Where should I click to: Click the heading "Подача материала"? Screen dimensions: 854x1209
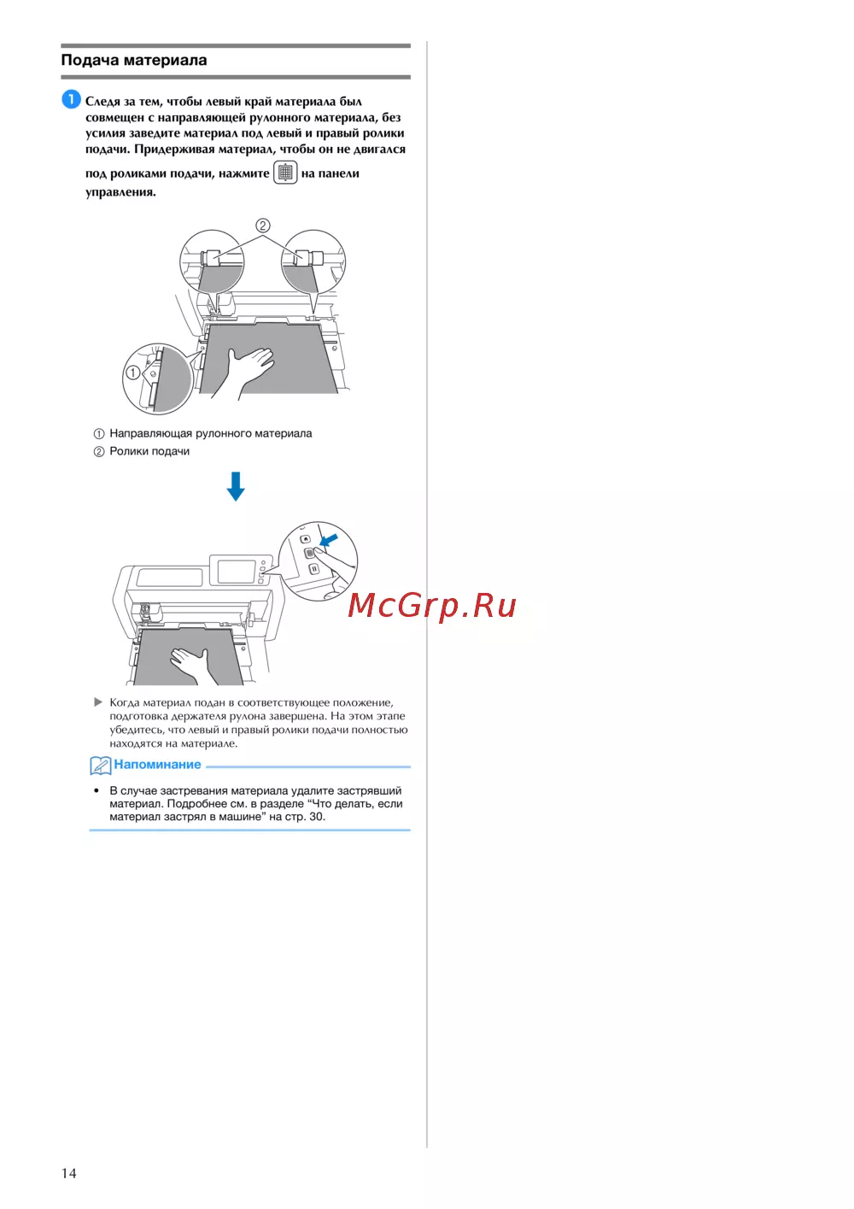coord(134,60)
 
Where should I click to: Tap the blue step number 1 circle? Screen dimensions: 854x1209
coord(71,100)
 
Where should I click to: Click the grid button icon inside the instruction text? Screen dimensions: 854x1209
coord(285,173)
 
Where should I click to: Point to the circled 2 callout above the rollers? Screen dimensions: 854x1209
coord(263,225)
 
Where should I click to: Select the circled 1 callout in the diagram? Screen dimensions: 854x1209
coord(132,373)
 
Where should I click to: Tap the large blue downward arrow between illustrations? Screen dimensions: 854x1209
coord(236,486)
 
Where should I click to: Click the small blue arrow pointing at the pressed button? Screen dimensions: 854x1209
coord(329,540)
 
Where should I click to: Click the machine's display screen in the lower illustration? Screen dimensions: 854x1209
coord(237,572)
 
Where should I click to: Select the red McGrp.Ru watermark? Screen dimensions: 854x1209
coord(431,606)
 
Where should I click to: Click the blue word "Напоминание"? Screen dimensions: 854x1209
coord(157,764)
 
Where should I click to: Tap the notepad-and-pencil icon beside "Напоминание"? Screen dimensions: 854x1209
coord(100,766)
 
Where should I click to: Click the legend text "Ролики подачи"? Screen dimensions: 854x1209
coord(149,451)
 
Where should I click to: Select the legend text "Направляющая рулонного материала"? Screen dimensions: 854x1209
coord(210,433)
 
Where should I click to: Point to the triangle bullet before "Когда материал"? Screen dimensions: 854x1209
coord(98,702)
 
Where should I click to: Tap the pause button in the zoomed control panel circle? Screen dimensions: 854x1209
coord(314,569)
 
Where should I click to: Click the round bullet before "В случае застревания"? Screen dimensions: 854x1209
coord(97,790)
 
